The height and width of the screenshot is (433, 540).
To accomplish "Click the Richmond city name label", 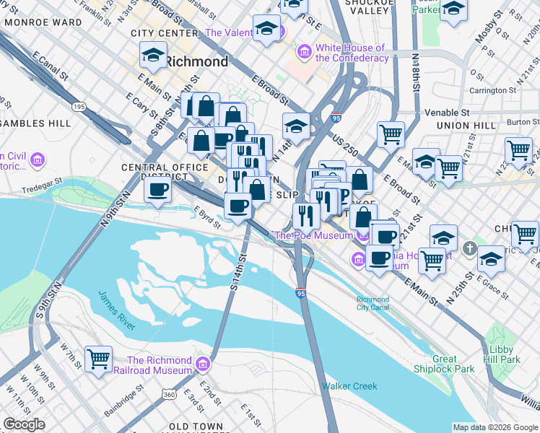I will click(x=196, y=61).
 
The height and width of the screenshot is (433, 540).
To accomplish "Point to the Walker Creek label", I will click(x=349, y=386).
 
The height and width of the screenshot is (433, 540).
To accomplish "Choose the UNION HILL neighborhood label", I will click(x=466, y=125).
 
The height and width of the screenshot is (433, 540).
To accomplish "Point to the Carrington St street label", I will click(x=492, y=91).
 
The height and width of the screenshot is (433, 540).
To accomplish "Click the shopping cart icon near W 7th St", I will click(x=98, y=357).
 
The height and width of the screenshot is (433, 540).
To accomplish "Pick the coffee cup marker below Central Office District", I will click(x=157, y=191).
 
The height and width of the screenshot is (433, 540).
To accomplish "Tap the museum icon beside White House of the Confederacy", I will click(x=305, y=53).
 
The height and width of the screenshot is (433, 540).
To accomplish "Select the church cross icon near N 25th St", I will click(x=470, y=248).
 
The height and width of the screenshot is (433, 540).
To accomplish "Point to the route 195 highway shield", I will click(x=78, y=107).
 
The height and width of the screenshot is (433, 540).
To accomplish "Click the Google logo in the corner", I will click(x=24, y=424).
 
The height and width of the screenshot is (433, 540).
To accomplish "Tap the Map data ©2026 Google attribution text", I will click(x=495, y=427).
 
